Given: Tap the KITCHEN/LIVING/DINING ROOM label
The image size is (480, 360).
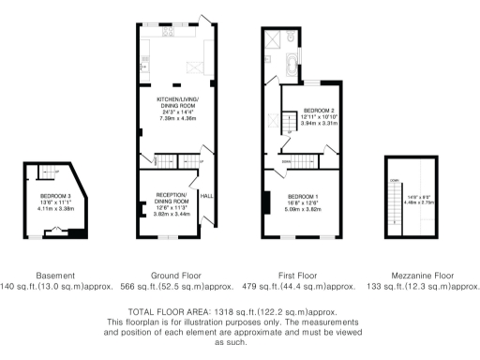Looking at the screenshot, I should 178,97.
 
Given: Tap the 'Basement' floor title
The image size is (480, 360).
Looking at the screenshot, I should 48,275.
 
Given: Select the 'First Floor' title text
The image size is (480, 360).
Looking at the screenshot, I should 304,275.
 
